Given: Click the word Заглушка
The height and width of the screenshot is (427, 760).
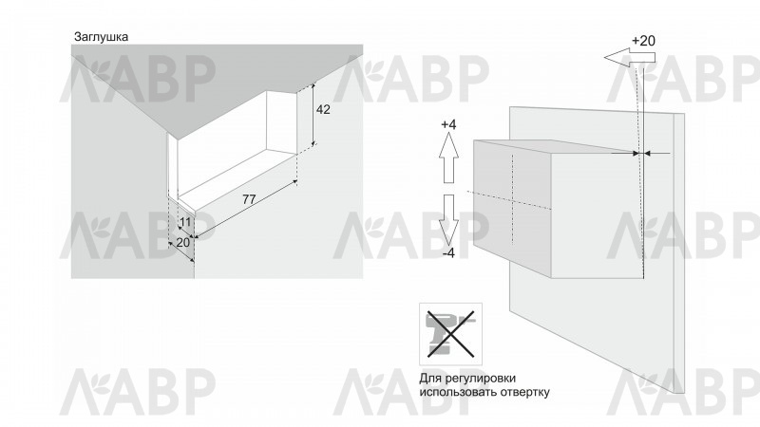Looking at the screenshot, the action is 101,37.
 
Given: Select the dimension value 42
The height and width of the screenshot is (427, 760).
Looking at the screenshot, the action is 323,110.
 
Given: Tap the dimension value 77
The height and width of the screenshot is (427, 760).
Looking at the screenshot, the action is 249,199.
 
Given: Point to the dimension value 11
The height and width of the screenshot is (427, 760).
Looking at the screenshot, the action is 185,222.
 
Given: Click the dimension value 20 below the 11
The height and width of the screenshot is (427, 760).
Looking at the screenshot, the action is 182,242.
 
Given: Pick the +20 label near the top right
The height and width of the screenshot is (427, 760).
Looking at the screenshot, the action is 643,41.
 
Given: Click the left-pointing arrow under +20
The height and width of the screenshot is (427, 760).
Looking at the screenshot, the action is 630,58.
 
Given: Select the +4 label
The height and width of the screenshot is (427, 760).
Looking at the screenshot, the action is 448,124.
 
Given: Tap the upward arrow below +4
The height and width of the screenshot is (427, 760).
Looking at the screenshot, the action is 448,158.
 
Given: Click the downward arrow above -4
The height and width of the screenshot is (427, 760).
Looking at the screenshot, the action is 448,220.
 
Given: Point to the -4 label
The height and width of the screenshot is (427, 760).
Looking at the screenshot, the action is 448,253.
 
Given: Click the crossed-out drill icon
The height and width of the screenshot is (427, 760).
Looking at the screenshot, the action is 450,334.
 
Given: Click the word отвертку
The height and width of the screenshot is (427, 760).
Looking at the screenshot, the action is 526,392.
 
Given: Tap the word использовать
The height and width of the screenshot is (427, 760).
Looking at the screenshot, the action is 460,392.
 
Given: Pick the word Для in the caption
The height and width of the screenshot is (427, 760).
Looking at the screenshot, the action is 428,378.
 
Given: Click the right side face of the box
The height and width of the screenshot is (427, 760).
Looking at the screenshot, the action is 598,213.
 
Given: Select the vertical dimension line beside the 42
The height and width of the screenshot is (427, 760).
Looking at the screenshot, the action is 313,114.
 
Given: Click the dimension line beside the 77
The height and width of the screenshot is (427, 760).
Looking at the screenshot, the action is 245,209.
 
